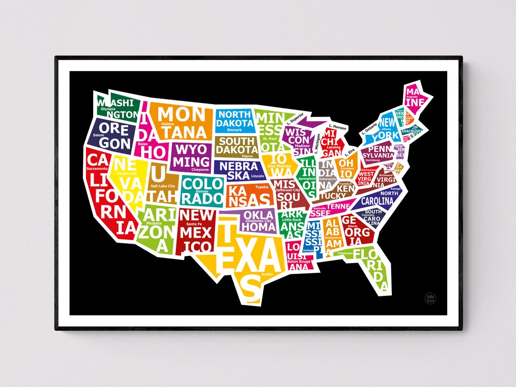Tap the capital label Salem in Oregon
coord(98,135)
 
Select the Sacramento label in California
coord(97,169)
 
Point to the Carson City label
coord(127,173)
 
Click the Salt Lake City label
coord(163,186)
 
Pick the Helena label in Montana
coord(168,124)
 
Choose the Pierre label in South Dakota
coord(247,156)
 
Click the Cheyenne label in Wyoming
coord(200,169)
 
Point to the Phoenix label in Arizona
coord(154,223)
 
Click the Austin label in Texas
coord(267,274)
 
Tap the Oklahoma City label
coord(258,221)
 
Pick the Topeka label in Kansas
coord(262,187)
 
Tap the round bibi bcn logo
coord(431,298)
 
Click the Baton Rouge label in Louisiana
coord(299,261)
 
